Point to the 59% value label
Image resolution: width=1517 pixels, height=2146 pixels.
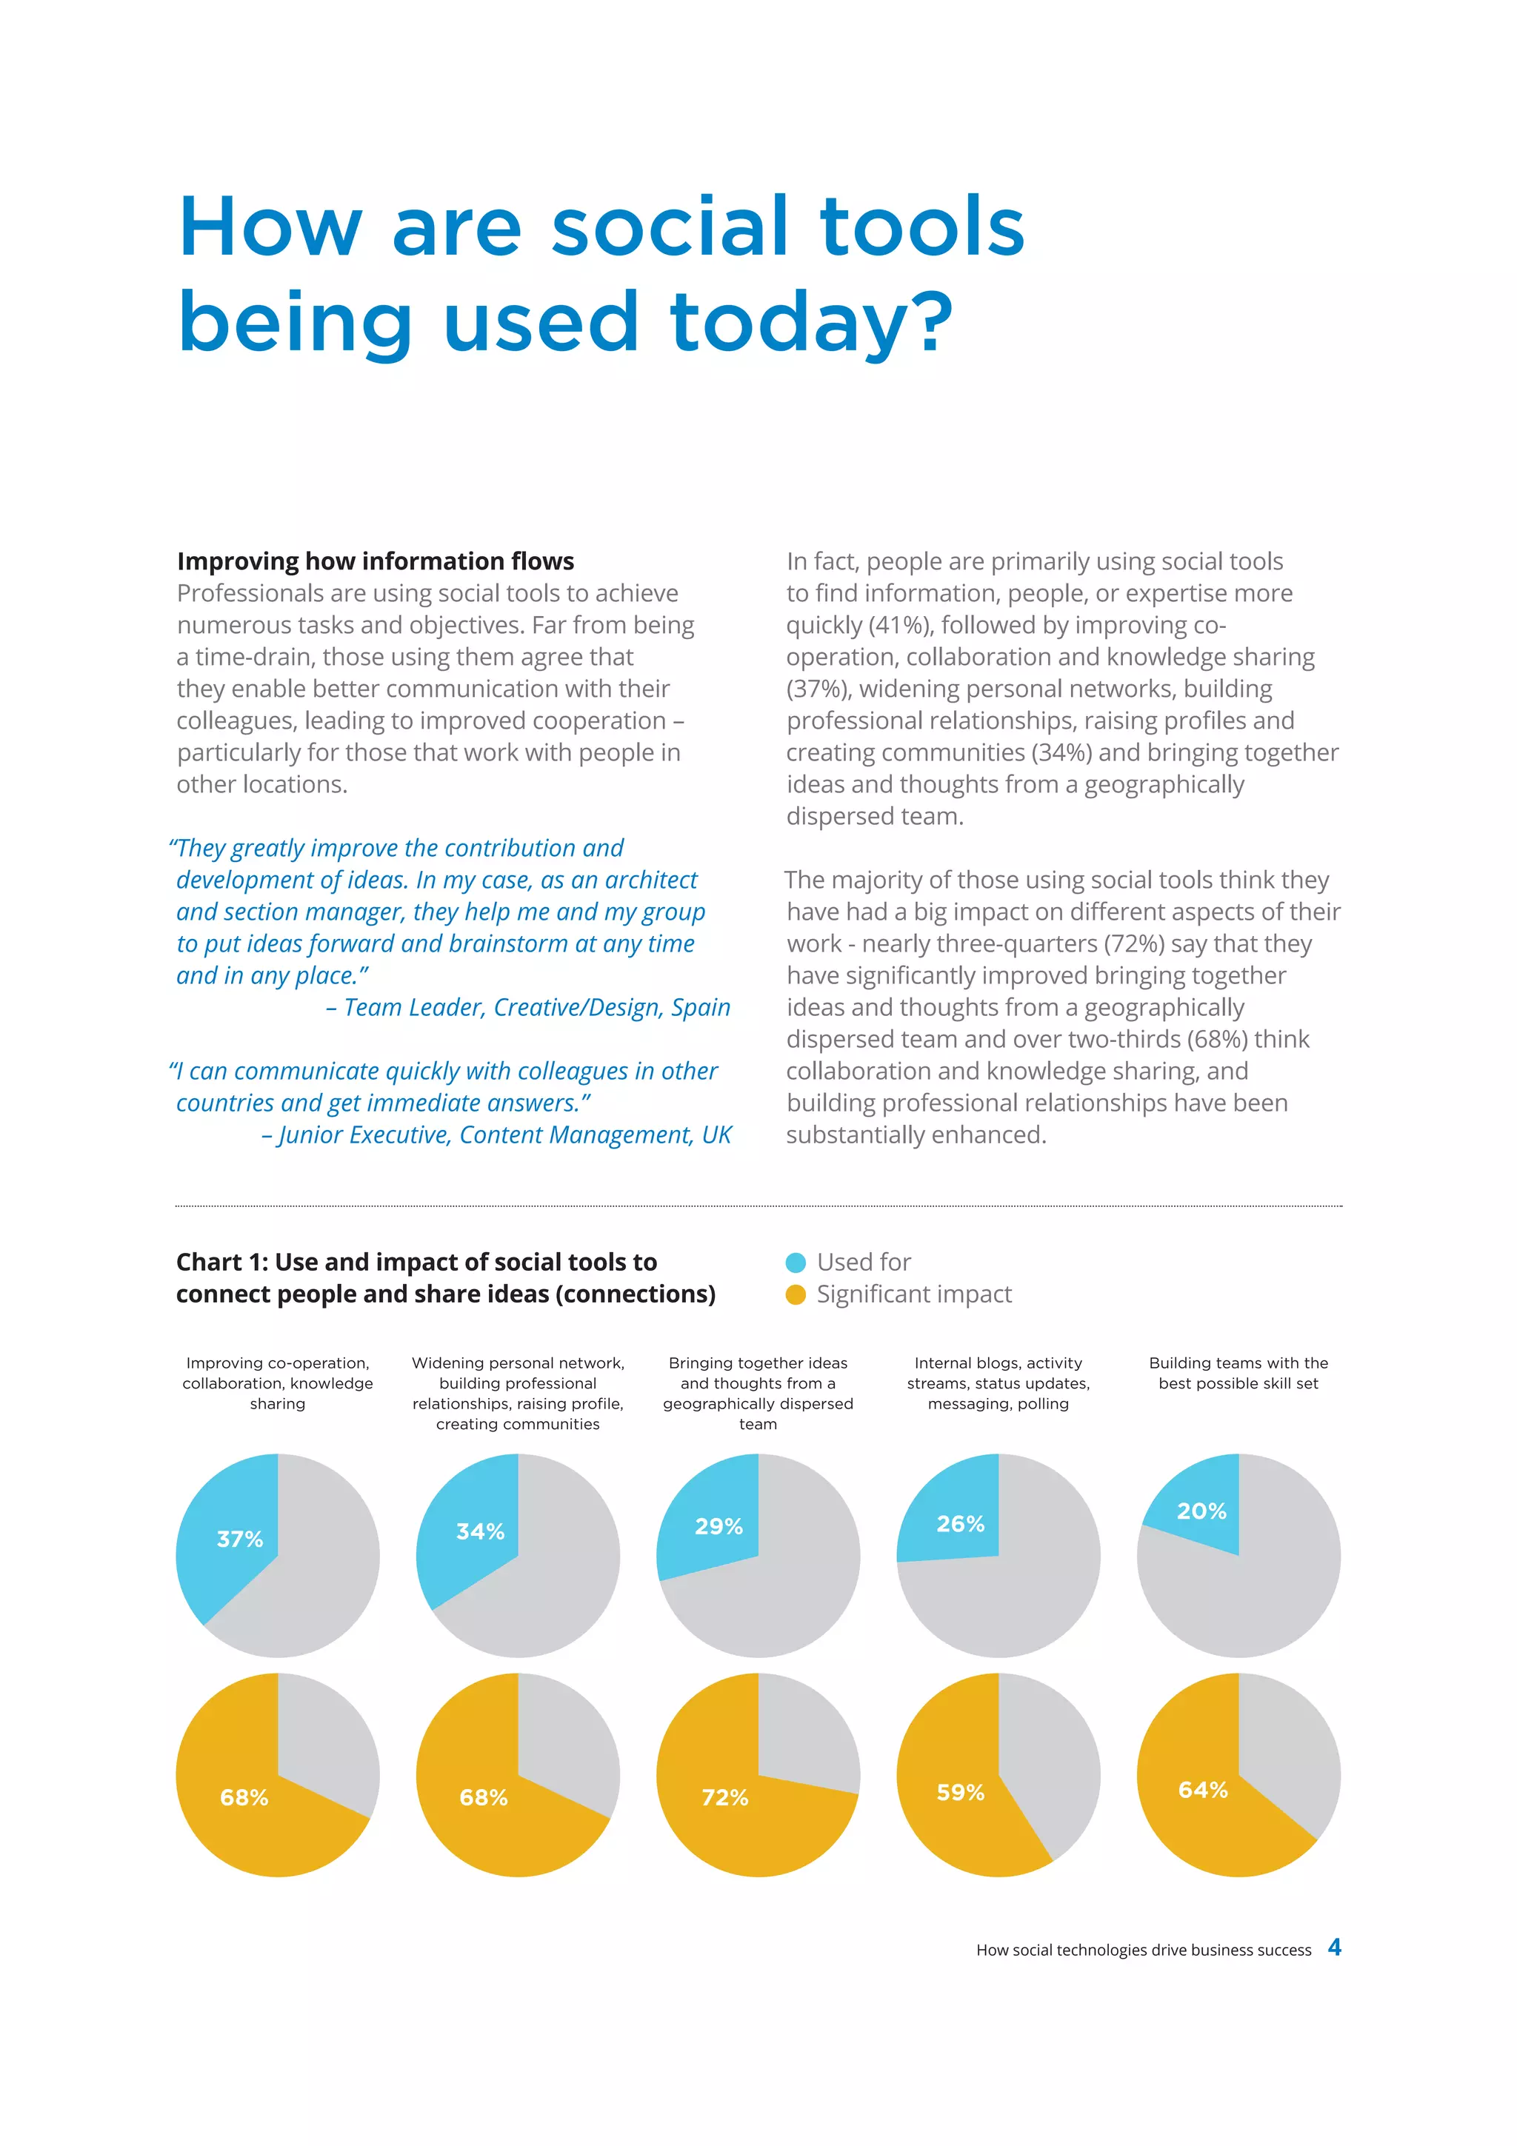(960, 1792)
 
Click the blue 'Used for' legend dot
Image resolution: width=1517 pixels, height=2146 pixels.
(796, 1263)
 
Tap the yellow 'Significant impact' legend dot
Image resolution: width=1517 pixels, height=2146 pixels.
(796, 1294)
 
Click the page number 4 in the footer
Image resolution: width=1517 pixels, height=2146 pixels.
(1334, 1947)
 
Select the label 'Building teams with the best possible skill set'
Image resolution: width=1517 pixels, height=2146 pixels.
(1238, 1373)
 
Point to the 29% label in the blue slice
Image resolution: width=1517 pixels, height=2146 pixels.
(718, 1526)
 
